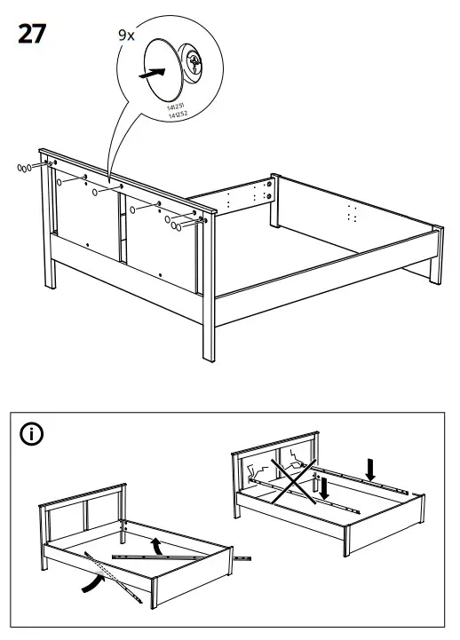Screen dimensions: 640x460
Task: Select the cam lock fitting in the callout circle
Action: click(194, 62)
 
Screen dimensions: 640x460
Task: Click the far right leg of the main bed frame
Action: click(436, 257)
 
